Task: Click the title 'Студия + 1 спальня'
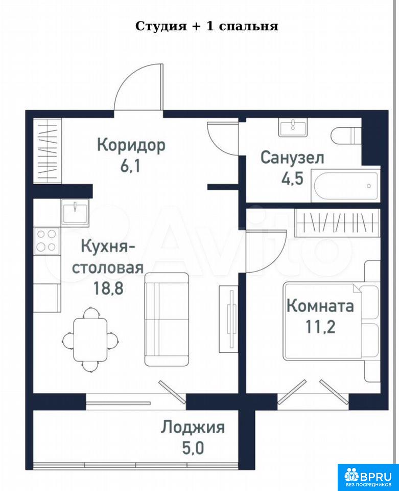point(207,26)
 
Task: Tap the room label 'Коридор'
point(131,146)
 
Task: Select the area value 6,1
point(131,166)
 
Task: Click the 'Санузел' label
point(292,158)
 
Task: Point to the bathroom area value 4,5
point(292,179)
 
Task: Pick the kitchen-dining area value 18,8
point(108,288)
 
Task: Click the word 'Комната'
point(320,306)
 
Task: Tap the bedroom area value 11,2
point(320,327)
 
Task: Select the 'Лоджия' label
point(193,428)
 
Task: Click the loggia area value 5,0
point(193,448)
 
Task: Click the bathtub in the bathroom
point(345,186)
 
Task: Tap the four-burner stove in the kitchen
point(47,240)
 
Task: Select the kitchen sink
point(75,212)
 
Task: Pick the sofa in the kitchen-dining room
point(167,319)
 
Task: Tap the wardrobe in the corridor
point(48,151)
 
